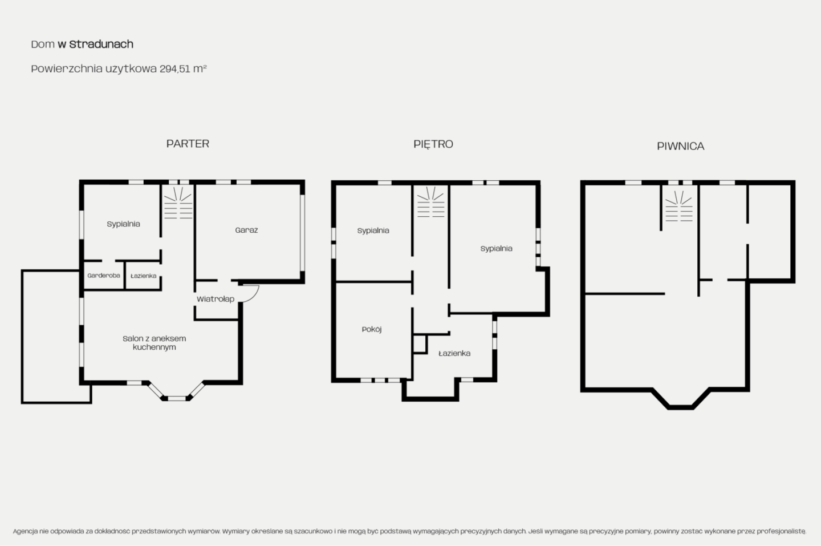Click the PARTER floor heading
pos(188,143)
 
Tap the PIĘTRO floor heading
pos(433,144)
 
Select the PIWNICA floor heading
pos(681,146)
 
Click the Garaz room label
pos(246,230)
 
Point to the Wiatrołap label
pos(216,299)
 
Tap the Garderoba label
pos(104,276)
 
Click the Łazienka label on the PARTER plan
pos(143,276)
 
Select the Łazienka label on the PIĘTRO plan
pos(454,353)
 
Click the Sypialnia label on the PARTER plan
pos(124,224)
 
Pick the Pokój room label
pos(372,329)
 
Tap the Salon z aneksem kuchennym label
pos(155,342)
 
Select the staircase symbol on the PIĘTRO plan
pos(430,202)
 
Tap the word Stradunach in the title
pos(101,45)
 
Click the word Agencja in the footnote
pos(25,531)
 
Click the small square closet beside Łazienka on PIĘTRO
pos(420,344)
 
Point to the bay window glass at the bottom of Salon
pos(177,398)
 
